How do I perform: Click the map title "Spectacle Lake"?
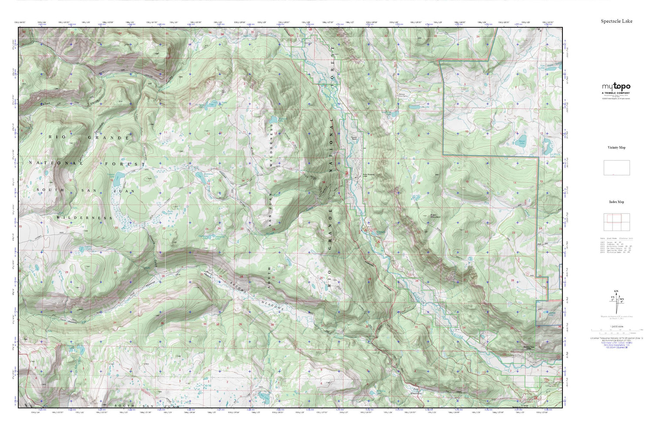[616, 21]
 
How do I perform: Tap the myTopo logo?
[616, 87]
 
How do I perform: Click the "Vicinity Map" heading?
[616, 147]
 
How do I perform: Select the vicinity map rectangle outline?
[616, 168]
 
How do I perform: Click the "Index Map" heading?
[616, 202]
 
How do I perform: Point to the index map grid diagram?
[616, 222]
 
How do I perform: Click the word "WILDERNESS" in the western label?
[84, 217]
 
